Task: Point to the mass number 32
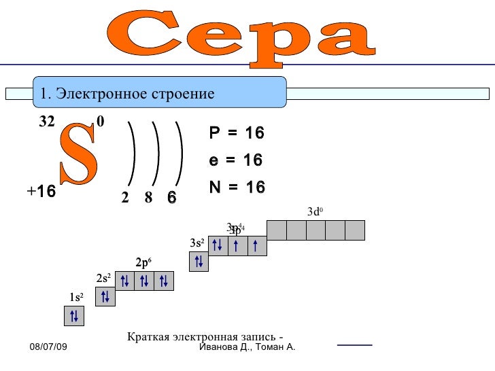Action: (x=46, y=122)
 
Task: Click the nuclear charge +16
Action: (x=41, y=192)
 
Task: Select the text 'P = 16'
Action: (x=236, y=133)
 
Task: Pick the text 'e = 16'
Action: (x=235, y=160)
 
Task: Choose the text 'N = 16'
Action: (x=237, y=187)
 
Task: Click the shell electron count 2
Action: (x=125, y=198)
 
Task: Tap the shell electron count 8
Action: (x=148, y=198)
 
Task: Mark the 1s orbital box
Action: (x=74, y=315)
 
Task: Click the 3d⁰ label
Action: (x=314, y=212)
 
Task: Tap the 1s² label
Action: (x=75, y=297)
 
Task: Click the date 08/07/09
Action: (x=48, y=348)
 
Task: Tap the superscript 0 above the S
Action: (x=101, y=122)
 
